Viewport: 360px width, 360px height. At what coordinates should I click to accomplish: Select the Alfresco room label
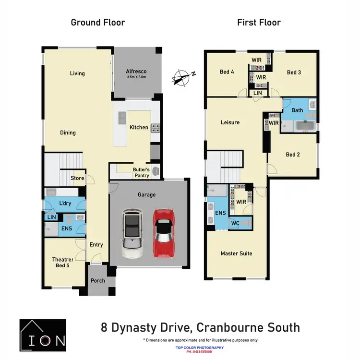click(136, 72)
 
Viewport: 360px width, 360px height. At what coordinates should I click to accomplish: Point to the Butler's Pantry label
click(141, 173)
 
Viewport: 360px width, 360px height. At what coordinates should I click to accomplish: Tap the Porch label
click(98, 282)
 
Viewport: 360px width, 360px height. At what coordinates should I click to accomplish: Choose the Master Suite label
click(236, 253)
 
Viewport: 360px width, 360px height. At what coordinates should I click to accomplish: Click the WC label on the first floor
click(236, 223)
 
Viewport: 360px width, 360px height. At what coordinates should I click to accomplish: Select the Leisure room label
click(230, 122)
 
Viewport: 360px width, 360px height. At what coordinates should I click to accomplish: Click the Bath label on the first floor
click(298, 110)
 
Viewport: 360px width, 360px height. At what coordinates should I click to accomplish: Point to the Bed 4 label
click(227, 72)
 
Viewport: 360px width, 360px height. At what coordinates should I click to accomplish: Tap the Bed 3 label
click(294, 72)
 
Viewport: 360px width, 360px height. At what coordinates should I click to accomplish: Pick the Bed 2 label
click(293, 155)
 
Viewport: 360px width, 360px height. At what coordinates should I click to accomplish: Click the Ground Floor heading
click(98, 22)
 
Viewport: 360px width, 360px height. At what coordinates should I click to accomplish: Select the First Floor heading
click(259, 22)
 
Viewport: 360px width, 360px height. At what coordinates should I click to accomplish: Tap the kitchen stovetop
click(156, 128)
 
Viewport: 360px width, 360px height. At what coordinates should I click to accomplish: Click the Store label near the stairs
click(77, 178)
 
